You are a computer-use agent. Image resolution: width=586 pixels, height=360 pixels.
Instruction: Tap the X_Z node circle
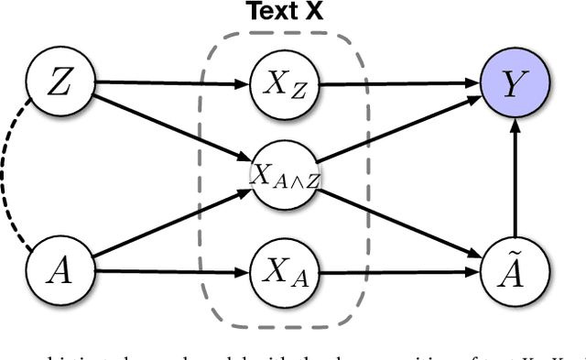(278, 86)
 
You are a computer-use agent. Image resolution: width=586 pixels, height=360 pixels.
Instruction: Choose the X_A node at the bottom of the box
(278, 272)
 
